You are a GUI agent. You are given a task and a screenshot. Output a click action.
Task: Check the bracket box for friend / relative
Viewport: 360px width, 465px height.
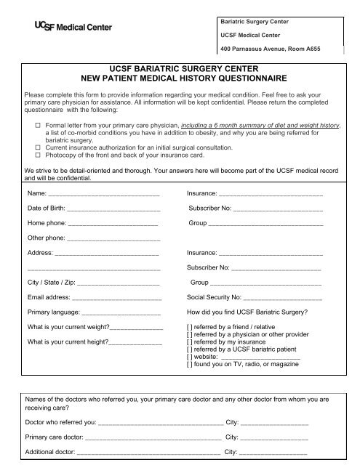point(190,328)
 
